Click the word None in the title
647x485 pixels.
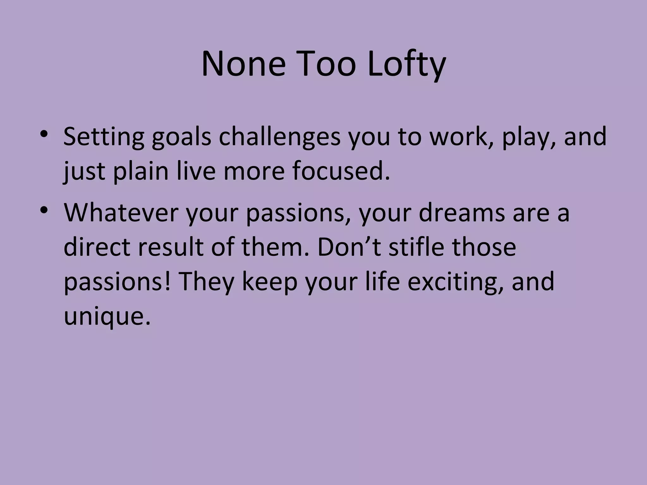click(243, 65)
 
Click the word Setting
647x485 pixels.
click(104, 136)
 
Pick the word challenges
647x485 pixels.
click(280, 136)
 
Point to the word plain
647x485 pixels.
click(141, 171)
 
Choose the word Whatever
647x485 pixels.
click(121, 213)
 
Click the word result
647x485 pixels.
click(171, 247)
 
